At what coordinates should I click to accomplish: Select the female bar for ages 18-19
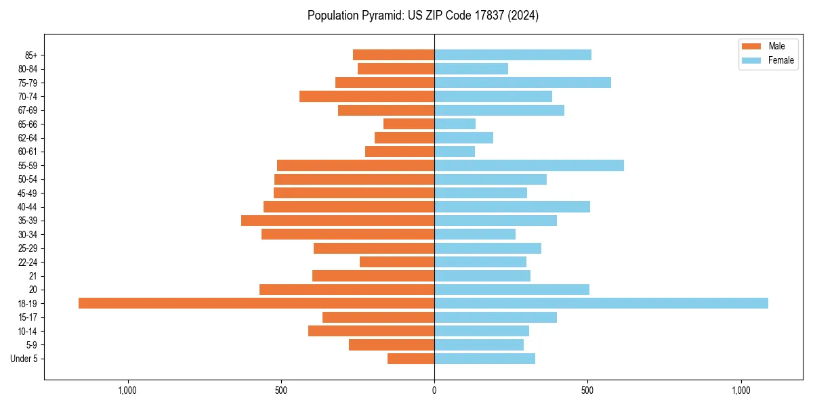601,303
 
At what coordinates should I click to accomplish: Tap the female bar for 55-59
528,165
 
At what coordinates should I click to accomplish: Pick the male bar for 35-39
337,221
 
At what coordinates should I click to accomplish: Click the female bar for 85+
512,55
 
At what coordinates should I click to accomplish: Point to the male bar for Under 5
411,359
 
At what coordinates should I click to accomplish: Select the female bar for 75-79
522,83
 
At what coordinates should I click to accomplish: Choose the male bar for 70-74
367,96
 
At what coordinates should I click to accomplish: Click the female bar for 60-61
455,152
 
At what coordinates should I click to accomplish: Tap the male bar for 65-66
409,124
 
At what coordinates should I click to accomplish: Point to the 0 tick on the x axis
434,390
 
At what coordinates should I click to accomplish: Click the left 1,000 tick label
127,390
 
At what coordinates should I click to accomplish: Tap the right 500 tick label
587,390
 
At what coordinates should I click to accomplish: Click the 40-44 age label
28,207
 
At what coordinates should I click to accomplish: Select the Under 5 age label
24,359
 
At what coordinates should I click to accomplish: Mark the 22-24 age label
28,262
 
